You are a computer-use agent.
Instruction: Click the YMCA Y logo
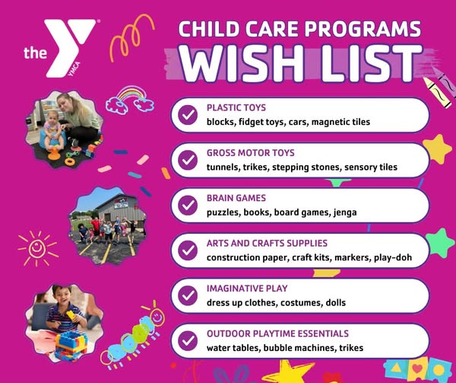pyautogui.click(x=71, y=46)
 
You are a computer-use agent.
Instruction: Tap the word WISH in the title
pyautogui.click(x=238, y=63)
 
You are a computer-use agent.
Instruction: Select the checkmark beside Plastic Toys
pyautogui.click(x=188, y=115)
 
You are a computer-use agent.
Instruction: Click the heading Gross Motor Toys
pyautogui.click(x=250, y=153)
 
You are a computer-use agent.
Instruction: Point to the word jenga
pyautogui.click(x=345, y=212)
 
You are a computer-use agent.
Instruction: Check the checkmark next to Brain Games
pyautogui.click(x=188, y=205)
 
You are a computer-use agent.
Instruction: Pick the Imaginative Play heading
pyautogui.click(x=247, y=289)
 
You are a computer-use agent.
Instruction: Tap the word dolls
pyautogui.click(x=336, y=302)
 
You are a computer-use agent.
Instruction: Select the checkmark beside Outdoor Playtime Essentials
pyautogui.click(x=188, y=340)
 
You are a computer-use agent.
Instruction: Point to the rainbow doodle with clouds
pyautogui.click(x=130, y=99)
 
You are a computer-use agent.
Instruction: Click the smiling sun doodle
pyautogui.click(x=37, y=248)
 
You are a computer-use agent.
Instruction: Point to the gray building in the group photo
pyautogui.click(x=120, y=208)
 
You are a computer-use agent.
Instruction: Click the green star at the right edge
pyautogui.click(x=441, y=243)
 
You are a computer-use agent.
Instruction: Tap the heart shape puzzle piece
pyautogui.click(x=417, y=369)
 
